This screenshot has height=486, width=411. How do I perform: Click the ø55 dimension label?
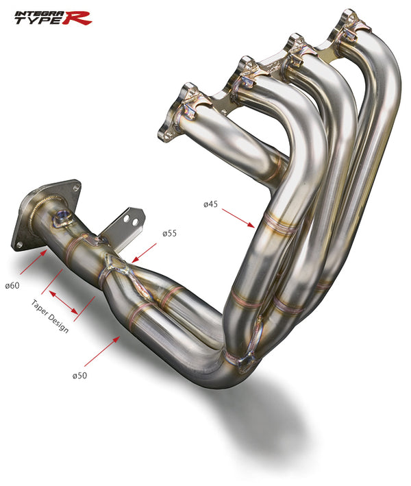coord(169,234)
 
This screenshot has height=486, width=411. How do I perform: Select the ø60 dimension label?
coord(12,285)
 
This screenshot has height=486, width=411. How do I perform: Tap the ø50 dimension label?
coord(80,376)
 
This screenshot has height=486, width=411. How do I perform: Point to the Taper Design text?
coord(50,316)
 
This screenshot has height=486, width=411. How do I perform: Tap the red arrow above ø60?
coord(32,262)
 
